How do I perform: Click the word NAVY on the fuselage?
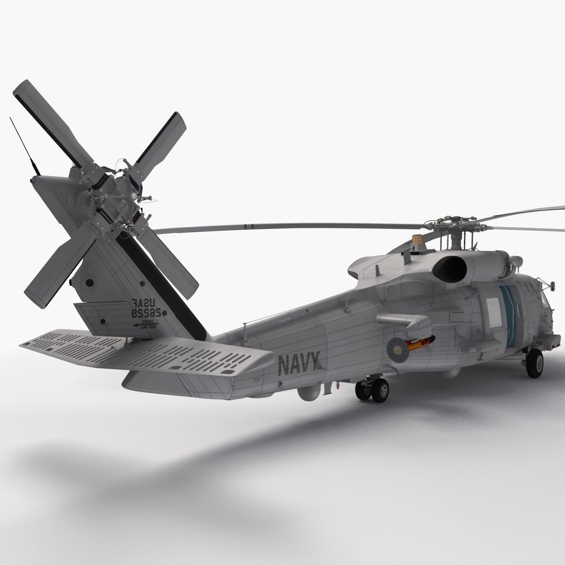point(299,363)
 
